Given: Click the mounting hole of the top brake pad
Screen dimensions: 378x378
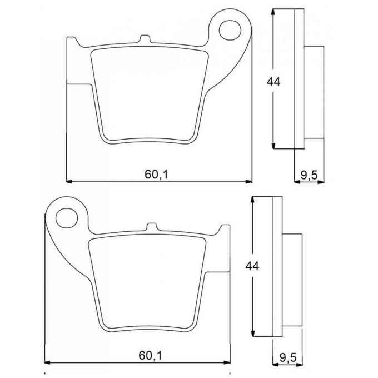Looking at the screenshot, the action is click(230, 30).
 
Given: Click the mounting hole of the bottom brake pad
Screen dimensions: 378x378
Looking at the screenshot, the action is click(67, 218).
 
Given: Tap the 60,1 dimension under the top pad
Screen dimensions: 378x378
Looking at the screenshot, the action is click(156, 174).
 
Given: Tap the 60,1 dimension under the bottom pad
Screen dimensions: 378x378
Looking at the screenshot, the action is click(150, 356).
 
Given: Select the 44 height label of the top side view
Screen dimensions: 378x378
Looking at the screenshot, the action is click(273, 82).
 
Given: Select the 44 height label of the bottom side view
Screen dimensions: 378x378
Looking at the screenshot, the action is click(252, 266).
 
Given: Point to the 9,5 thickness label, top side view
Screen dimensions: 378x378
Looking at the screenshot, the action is click(309, 176).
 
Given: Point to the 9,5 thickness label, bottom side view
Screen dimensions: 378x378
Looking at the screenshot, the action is click(288, 358).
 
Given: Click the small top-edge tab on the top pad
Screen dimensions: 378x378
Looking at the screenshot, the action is click(146, 39).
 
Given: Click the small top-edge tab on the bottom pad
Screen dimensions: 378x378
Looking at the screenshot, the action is click(152, 227).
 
